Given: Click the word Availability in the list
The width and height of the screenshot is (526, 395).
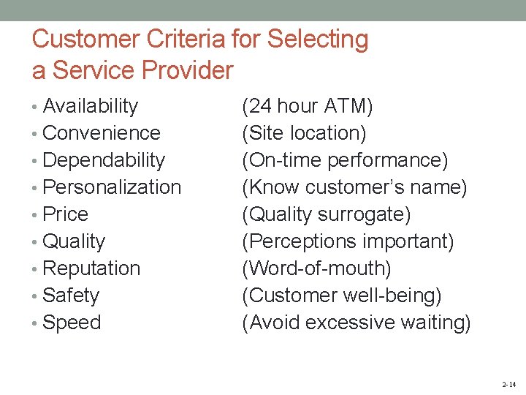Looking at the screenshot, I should [x=90, y=106].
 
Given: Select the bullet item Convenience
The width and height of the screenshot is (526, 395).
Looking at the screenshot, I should [x=102, y=133].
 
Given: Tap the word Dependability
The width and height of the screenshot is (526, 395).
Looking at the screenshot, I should [x=104, y=160].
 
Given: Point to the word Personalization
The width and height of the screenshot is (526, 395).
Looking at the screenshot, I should [x=112, y=187].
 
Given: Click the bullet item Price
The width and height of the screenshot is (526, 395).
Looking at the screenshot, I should [x=65, y=214].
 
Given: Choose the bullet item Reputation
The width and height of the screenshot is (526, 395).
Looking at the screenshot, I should [x=91, y=268].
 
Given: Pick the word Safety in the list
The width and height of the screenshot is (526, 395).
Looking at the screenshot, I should [x=71, y=296].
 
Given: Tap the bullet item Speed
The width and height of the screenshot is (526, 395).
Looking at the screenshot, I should [x=72, y=323].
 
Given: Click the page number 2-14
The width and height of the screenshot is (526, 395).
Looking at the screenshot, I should [x=508, y=384].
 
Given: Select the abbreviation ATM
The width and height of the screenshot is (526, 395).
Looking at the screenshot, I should [x=347, y=107].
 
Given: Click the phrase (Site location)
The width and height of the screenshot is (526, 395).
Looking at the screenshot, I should [x=304, y=133].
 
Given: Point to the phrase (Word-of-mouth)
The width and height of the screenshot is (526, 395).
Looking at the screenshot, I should [x=316, y=268].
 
